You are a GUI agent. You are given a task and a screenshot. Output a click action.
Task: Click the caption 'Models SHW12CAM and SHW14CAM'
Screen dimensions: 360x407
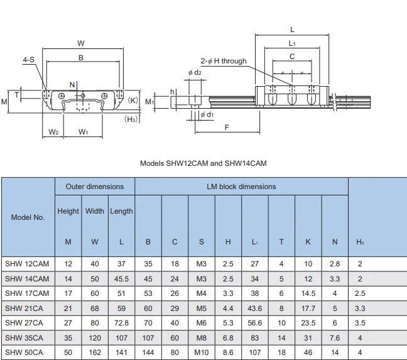coord(203,163)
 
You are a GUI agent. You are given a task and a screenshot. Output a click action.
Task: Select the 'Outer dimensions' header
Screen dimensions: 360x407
coord(95,187)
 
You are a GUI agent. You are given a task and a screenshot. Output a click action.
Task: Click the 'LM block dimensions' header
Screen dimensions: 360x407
coord(241,187)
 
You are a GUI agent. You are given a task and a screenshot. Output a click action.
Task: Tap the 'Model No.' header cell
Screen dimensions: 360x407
coord(28,217)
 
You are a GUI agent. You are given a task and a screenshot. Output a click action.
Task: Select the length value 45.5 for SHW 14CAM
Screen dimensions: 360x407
coord(121,278)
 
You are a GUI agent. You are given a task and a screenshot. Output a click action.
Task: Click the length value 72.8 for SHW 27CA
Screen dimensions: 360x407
coord(121,323)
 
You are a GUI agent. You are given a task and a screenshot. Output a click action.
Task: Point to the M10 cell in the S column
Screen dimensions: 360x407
coord(201,352)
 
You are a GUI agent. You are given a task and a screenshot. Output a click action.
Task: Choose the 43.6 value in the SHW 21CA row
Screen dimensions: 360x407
coord(255,308)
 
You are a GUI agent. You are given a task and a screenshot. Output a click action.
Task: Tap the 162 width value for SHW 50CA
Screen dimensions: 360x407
coord(95,352)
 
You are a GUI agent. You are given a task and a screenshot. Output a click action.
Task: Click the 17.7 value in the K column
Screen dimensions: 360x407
coord(308,308)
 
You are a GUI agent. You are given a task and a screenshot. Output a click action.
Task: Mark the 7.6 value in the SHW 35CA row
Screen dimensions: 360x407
coord(334,338)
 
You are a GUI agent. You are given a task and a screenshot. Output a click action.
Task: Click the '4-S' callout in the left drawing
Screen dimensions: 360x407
coord(29,60)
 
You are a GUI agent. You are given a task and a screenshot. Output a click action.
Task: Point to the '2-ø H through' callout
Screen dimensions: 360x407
coord(224,62)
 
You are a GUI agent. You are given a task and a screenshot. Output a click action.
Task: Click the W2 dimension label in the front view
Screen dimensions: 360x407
coord(53,132)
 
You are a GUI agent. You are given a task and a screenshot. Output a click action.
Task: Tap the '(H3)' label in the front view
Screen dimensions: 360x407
coord(131,119)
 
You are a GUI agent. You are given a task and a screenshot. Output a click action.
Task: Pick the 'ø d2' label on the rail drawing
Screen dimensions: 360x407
coord(195,73)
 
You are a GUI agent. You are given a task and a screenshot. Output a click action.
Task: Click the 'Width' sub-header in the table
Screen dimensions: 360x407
coord(95,211)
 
